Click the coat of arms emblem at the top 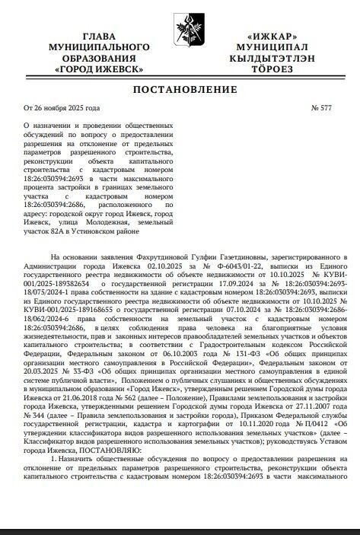point(180,23)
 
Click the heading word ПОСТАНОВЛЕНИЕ point(180,91)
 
